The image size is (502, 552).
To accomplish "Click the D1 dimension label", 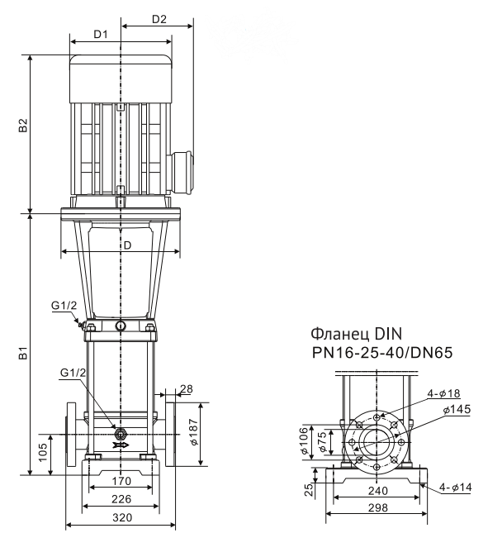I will pyautogui.click(x=102, y=35).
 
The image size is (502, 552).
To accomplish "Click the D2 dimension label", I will pyautogui.click(x=159, y=19).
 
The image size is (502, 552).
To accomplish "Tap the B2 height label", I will pyautogui.click(x=24, y=125).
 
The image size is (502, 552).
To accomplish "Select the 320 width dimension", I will pyautogui.click(x=121, y=518).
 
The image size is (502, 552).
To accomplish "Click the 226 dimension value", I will pyautogui.click(x=121, y=498).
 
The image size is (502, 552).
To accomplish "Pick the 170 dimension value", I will pyautogui.click(x=121, y=480).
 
